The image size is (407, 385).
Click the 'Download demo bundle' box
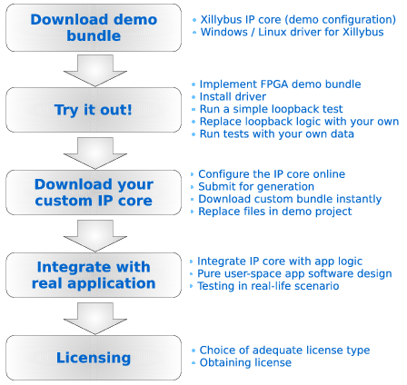(x=94, y=27)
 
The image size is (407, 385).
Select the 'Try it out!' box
(x=94, y=110)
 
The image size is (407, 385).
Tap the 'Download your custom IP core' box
(x=94, y=192)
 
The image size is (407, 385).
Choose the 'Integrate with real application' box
(x=94, y=275)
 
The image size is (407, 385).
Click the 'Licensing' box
(x=94, y=358)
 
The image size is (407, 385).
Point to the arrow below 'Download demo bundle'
(x=95, y=71)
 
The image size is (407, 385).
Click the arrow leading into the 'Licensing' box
(x=95, y=319)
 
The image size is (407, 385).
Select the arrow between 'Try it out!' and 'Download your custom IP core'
(x=95, y=153)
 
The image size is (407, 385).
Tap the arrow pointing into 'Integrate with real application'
(x=95, y=236)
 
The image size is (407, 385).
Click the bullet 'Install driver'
(x=233, y=97)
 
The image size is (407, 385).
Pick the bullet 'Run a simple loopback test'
(x=271, y=109)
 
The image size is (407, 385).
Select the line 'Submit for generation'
(x=256, y=187)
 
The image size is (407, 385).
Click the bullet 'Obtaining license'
(x=245, y=362)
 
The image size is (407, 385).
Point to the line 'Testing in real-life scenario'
(x=268, y=286)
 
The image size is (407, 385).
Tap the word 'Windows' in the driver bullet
(x=224, y=32)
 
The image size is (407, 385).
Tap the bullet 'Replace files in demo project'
(x=275, y=212)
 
